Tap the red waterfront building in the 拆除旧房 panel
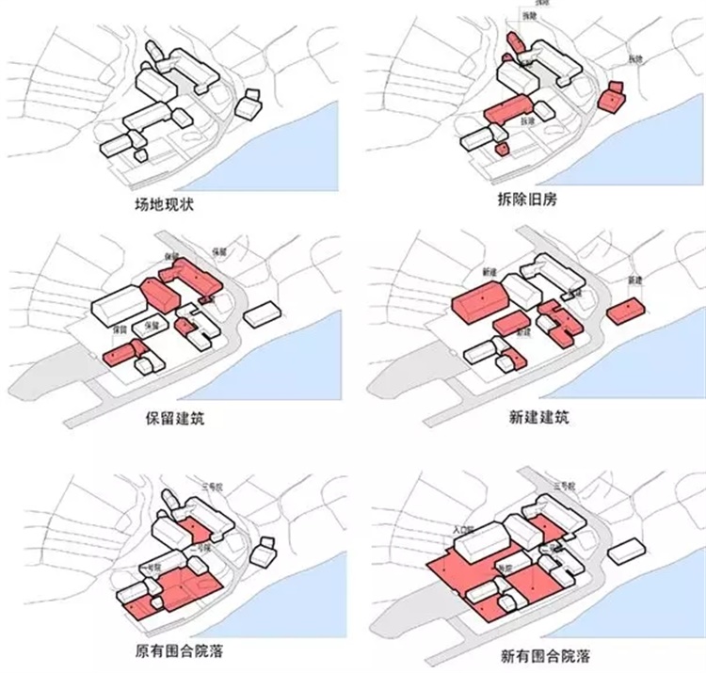[x=612, y=97]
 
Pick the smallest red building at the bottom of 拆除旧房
[x=503, y=148]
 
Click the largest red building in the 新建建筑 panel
[x=481, y=305]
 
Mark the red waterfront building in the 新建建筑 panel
[x=625, y=312]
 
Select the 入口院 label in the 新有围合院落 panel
[x=461, y=531]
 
